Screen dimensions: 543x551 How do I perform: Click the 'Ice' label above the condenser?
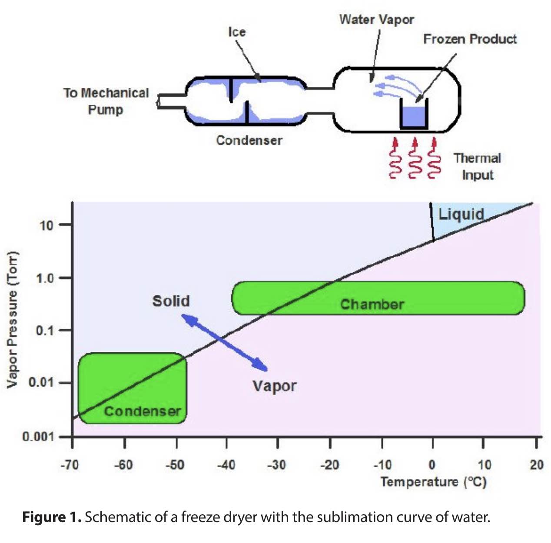click(237, 32)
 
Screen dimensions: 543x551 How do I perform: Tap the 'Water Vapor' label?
click(376, 20)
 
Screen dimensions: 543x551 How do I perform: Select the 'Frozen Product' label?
click(470, 39)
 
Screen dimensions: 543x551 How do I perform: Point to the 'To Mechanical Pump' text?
click(106, 101)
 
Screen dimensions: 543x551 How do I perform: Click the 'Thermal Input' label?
click(477, 166)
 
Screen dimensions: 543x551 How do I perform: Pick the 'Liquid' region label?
click(461, 214)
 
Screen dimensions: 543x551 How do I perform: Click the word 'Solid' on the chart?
click(171, 301)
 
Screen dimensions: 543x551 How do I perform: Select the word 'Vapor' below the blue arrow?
click(275, 386)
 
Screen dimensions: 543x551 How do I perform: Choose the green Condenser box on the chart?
click(133, 388)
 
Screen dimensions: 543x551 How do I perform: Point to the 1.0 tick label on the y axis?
click(45, 278)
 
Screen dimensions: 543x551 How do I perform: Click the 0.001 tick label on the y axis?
click(38, 437)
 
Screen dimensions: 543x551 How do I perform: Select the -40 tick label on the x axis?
click(226, 465)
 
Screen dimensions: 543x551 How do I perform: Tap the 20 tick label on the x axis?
click(537, 465)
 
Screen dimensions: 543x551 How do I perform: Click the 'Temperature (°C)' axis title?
click(433, 482)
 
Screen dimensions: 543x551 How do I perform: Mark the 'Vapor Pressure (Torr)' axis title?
click(13, 319)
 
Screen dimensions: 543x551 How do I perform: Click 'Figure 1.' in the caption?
click(52, 517)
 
